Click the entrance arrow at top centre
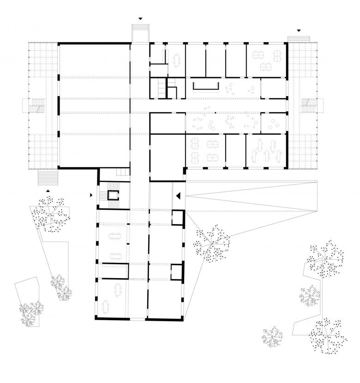pyautogui.click(x=140, y=19)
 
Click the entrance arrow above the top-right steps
pyautogui.click(x=299, y=30)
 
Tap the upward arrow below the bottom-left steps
pyautogui.click(x=48, y=190)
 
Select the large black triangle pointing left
pyautogui.click(x=177, y=196)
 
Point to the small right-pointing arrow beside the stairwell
pyautogui.click(x=91, y=195)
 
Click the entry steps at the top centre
pyautogui.click(x=140, y=34)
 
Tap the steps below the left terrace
pyautogui.click(x=48, y=176)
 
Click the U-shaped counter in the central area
pyautogui.click(x=206, y=86)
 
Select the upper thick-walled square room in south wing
pyautogui.click(x=177, y=217)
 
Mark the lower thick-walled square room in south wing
pyautogui.click(x=177, y=272)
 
